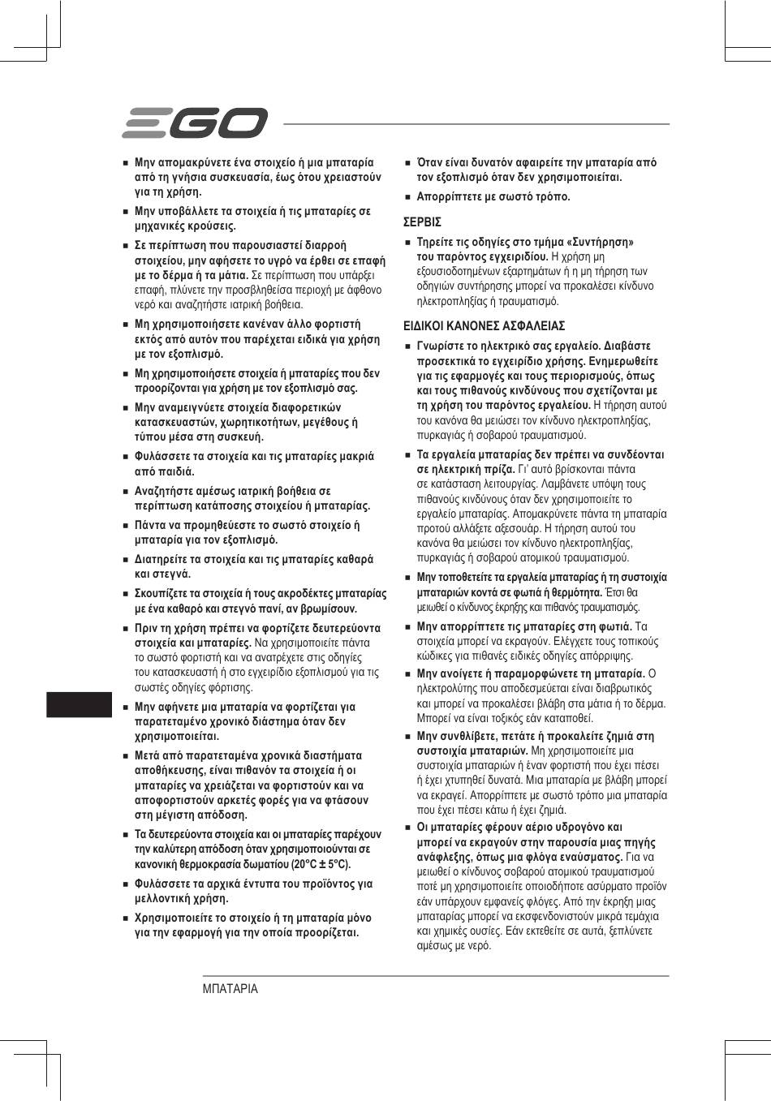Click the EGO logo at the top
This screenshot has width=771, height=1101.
[194, 123]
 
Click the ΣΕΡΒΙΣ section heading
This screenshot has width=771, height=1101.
[422, 221]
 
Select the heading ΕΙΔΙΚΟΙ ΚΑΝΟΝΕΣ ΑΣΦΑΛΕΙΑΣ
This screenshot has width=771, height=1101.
[484, 326]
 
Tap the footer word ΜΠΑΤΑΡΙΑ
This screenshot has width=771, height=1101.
[230, 989]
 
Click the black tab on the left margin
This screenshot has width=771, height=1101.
[78, 704]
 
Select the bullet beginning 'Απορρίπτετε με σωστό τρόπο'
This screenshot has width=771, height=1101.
[493, 196]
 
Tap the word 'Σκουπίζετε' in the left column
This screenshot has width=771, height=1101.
[164, 594]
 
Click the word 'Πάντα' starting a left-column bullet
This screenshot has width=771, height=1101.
[150, 525]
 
